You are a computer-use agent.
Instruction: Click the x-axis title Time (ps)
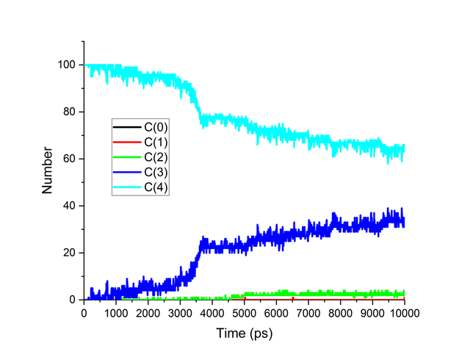point(244,334)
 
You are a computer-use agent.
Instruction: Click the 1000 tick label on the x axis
point(116,312)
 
